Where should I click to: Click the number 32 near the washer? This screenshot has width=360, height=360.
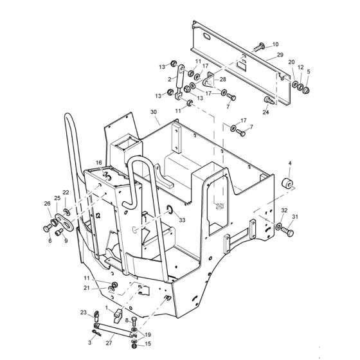pyautogui.click(x=284, y=210)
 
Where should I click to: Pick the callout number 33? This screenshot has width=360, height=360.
pyautogui.click(x=183, y=221)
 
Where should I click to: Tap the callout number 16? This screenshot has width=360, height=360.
pyautogui.click(x=99, y=163)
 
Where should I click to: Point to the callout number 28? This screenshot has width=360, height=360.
pyautogui.click(x=223, y=79)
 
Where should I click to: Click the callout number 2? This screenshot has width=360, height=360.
pyautogui.click(x=170, y=80)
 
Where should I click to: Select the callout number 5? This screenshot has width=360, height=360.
pyautogui.click(x=308, y=72)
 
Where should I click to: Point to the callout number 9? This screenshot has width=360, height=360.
pyautogui.click(x=66, y=241)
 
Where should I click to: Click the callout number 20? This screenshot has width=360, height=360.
pyautogui.click(x=291, y=62)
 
